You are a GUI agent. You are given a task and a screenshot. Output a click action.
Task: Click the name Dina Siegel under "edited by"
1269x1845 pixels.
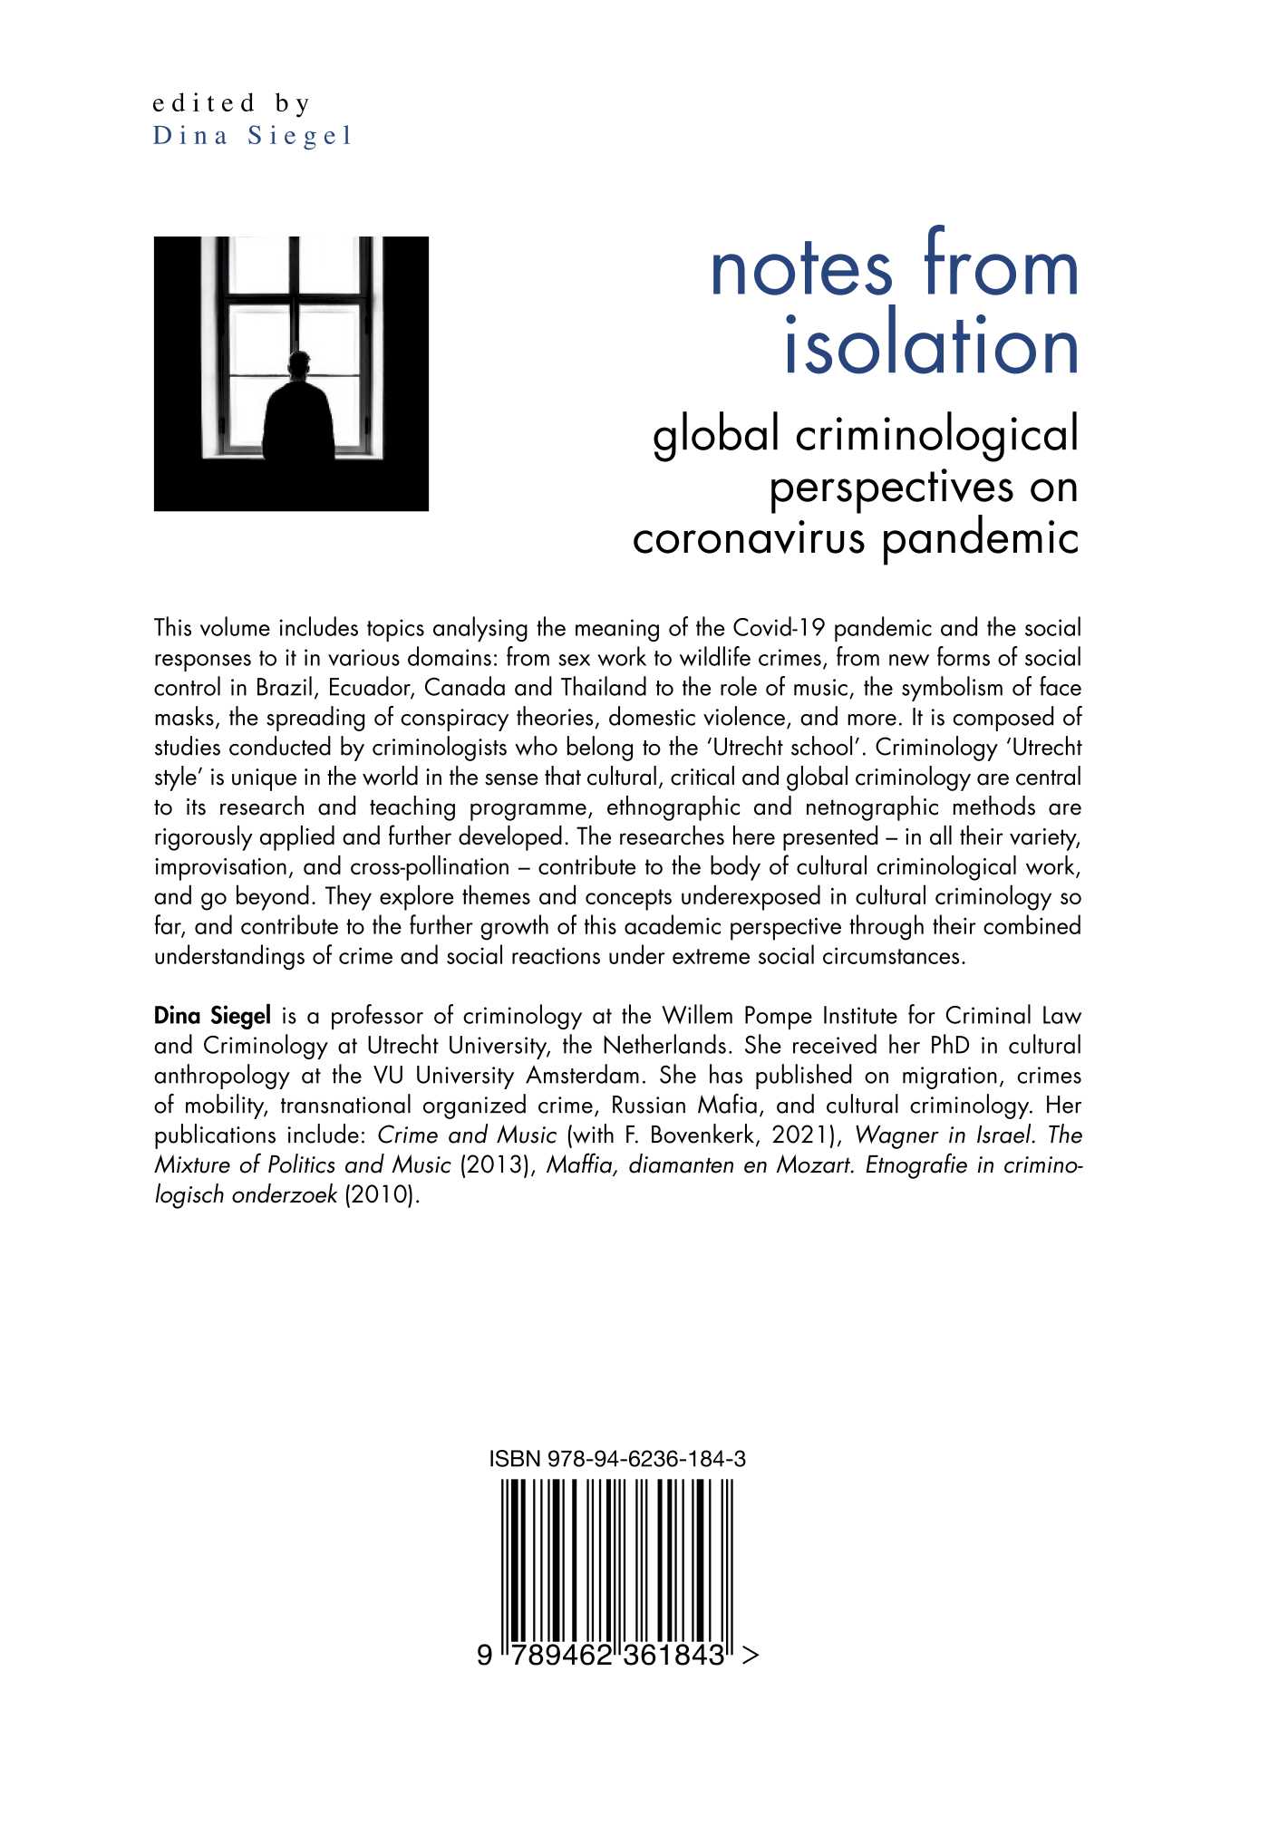(251, 136)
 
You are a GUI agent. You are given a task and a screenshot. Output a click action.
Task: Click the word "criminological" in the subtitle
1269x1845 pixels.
(937, 435)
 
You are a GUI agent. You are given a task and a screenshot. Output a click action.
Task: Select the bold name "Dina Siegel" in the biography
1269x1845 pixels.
(212, 1016)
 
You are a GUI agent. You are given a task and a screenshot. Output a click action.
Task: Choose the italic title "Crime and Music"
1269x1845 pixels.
(466, 1135)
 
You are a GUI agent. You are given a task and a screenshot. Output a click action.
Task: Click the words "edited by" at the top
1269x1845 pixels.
(231, 103)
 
